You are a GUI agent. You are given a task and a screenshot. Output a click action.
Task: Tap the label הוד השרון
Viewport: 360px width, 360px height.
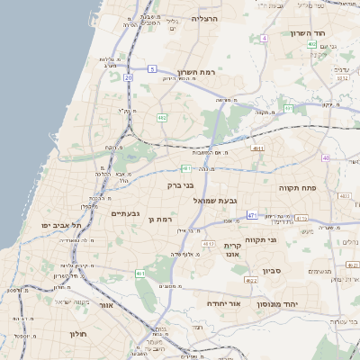307,33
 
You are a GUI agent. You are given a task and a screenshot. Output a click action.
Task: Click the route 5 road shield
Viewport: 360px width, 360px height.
153,68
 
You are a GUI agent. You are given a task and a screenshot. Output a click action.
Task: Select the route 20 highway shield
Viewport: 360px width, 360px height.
129,78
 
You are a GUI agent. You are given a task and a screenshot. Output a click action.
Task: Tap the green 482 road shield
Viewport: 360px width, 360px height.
162,117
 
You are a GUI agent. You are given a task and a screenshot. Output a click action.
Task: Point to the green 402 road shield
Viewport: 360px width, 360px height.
311,43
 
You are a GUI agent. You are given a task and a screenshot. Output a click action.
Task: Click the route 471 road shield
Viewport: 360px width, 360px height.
253,215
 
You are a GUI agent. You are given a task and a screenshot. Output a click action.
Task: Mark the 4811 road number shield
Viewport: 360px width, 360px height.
258,148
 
